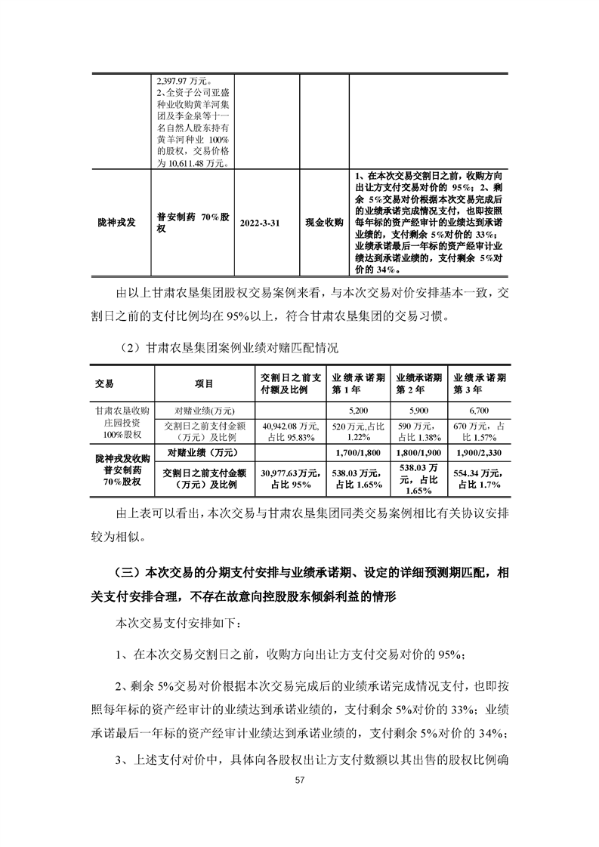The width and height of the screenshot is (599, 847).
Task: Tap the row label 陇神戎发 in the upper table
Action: coord(117,223)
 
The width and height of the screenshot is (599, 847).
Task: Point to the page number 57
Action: coord(300,800)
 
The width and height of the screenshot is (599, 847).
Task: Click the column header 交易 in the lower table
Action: coord(107,383)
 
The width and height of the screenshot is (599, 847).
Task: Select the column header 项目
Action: coord(204,383)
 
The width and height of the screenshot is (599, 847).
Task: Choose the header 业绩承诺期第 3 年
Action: coord(479,383)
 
